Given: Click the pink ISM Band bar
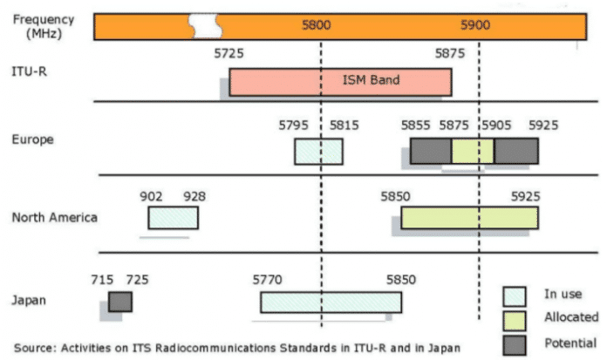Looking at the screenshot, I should [x=340, y=82].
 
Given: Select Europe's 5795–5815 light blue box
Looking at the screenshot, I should [x=318, y=151].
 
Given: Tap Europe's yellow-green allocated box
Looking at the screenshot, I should [x=473, y=151].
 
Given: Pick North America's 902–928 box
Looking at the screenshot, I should [x=173, y=218].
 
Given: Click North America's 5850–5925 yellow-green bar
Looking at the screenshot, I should [x=469, y=218].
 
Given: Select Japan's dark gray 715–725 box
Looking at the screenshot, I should [x=120, y=302].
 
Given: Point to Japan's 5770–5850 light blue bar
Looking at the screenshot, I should [x=331, y=302].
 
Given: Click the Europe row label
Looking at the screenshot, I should [x=32, y=139].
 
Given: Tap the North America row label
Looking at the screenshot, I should [x=54, y=217].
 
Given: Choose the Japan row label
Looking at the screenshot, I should [x=28, y=301].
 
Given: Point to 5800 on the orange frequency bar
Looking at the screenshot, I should [x=317, y=25].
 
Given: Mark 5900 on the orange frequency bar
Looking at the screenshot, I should [x=476, y=25].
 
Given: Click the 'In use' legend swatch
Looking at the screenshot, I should [x=515, y=296].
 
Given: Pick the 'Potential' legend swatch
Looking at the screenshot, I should [x=515, y=344].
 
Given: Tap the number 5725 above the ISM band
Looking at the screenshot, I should [x=229, y=54].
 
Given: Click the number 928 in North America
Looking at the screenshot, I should [x=194, y=197].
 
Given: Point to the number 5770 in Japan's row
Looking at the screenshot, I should [x=268, y=280].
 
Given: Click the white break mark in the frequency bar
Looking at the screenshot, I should [x=205, y=26].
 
